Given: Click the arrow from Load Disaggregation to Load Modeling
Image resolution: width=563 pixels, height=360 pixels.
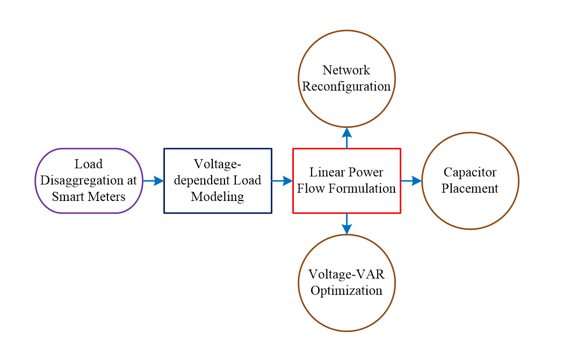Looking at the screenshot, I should coord(153,181).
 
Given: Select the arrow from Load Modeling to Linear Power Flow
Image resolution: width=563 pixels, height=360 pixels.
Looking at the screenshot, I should coord(282,181).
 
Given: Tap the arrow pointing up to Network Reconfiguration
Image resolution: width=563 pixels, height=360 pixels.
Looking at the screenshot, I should coord(347,138).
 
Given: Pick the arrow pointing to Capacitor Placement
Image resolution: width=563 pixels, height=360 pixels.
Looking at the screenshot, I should coord(412,181).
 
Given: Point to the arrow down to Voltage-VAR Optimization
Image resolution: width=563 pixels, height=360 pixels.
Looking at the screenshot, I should coord(347,224).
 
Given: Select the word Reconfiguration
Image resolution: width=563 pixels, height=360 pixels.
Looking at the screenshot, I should coord(346,87).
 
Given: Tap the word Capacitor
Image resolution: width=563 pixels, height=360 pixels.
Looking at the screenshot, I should coord(470,172).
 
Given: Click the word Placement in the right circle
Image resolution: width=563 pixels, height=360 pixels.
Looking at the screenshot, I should coord(470,189).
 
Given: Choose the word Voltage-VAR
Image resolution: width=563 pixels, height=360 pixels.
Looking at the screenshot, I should coord(346,275).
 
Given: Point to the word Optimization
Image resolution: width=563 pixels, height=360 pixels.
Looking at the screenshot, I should coord(346,291).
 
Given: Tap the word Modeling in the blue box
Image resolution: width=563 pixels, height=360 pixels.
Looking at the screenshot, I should coord(218,197).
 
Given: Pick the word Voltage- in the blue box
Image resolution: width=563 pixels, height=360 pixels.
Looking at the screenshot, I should coord(218,164).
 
